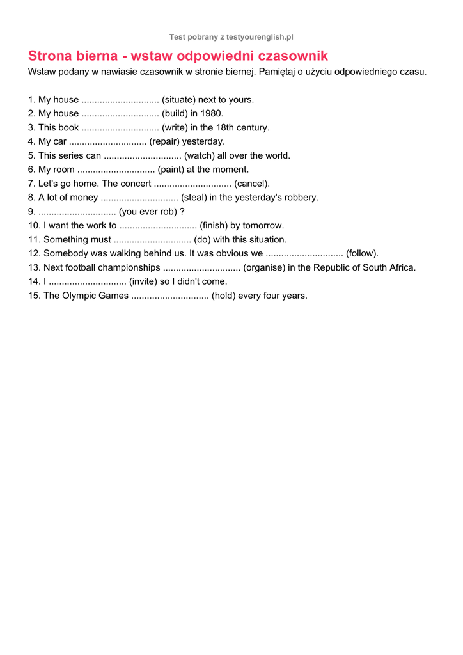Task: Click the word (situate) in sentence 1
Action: [x=178, y=100]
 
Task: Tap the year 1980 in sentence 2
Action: [x=212, y=114]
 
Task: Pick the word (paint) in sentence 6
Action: [x=171, y=170]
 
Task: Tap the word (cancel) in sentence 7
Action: [x=252, y=184]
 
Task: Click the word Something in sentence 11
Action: [x=66, y=240]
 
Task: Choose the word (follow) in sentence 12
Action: [x=362, y=253]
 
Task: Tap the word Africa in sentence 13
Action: [x=401, y=267]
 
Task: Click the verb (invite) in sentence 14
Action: [x=143, y=281]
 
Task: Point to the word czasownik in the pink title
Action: [x=292, y=56]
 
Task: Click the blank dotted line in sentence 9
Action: [x=77, y=212]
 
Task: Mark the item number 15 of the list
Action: [x=34, y=296]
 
